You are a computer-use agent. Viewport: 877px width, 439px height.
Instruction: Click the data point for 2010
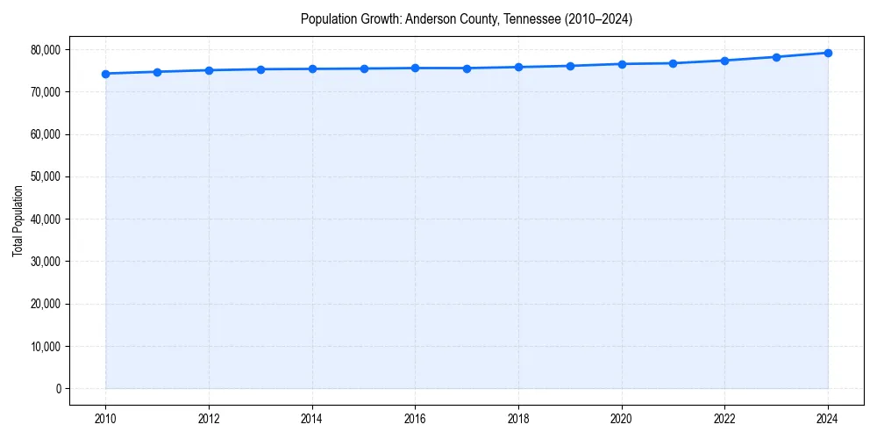[x=105, y=74]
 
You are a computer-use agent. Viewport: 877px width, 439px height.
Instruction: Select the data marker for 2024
[x=828, y=53]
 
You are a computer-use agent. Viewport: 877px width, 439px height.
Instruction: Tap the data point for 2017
[x=467, y=68]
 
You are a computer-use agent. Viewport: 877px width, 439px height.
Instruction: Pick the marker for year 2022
[x=724, y=61]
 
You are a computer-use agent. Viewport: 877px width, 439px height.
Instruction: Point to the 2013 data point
[x=260, y=69]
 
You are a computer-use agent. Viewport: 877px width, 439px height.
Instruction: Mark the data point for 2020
[x=622, y=64]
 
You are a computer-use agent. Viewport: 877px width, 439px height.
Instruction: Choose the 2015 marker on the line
[x=364, y=68]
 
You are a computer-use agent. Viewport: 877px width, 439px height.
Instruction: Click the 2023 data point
[x=776, y=57]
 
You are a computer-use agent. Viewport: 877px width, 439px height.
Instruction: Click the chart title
[x=466, y=18]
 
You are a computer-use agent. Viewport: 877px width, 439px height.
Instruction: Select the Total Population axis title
[x=18, y=220]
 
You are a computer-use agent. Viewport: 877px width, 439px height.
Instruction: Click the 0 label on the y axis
[x=58, y=388]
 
